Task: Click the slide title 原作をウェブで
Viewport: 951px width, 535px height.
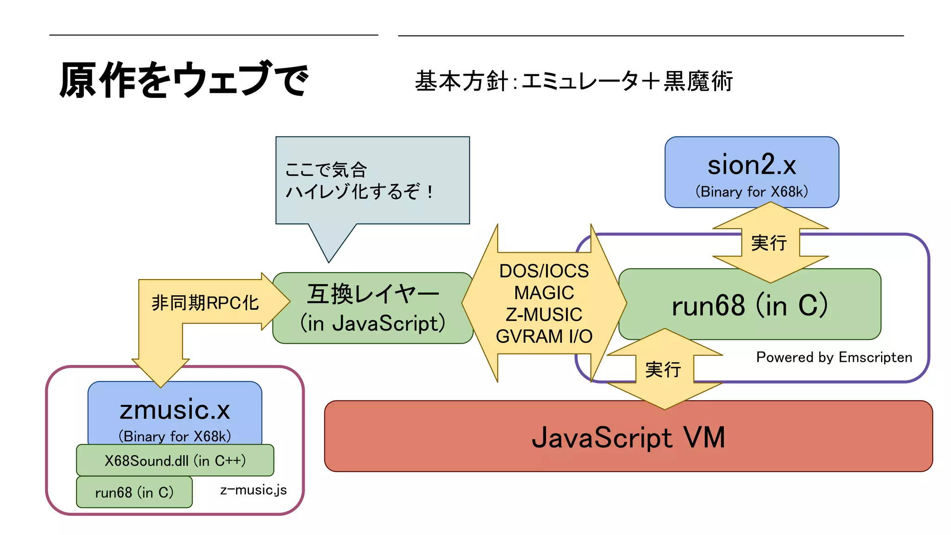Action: click(183, 80)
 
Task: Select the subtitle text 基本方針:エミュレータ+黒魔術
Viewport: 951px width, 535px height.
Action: click(573, 81)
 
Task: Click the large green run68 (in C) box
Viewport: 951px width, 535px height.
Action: click(749, 305)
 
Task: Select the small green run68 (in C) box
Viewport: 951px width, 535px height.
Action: click(134, 492)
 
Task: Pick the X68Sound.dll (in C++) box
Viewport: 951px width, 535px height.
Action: click(175, 461)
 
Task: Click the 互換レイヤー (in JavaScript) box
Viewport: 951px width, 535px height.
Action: click(372, 308)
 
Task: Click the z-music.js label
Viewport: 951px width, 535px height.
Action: click(253, 490)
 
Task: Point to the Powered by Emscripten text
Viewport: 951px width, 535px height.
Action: click(834, 357)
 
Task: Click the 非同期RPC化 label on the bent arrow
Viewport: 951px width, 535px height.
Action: click(205, 303)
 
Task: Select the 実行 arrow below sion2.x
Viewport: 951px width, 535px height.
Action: click(769, 243)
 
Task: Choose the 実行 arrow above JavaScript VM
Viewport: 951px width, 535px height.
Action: click(664, 370)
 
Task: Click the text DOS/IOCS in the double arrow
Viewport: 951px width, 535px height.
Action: click(544, 271)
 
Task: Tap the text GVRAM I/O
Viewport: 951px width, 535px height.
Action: click(544, 336)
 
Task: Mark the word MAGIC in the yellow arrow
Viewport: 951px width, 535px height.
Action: click(544, 293)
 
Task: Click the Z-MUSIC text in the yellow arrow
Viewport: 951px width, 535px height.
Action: click(544, 314)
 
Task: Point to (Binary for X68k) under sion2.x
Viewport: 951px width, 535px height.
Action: click(751, 191)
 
